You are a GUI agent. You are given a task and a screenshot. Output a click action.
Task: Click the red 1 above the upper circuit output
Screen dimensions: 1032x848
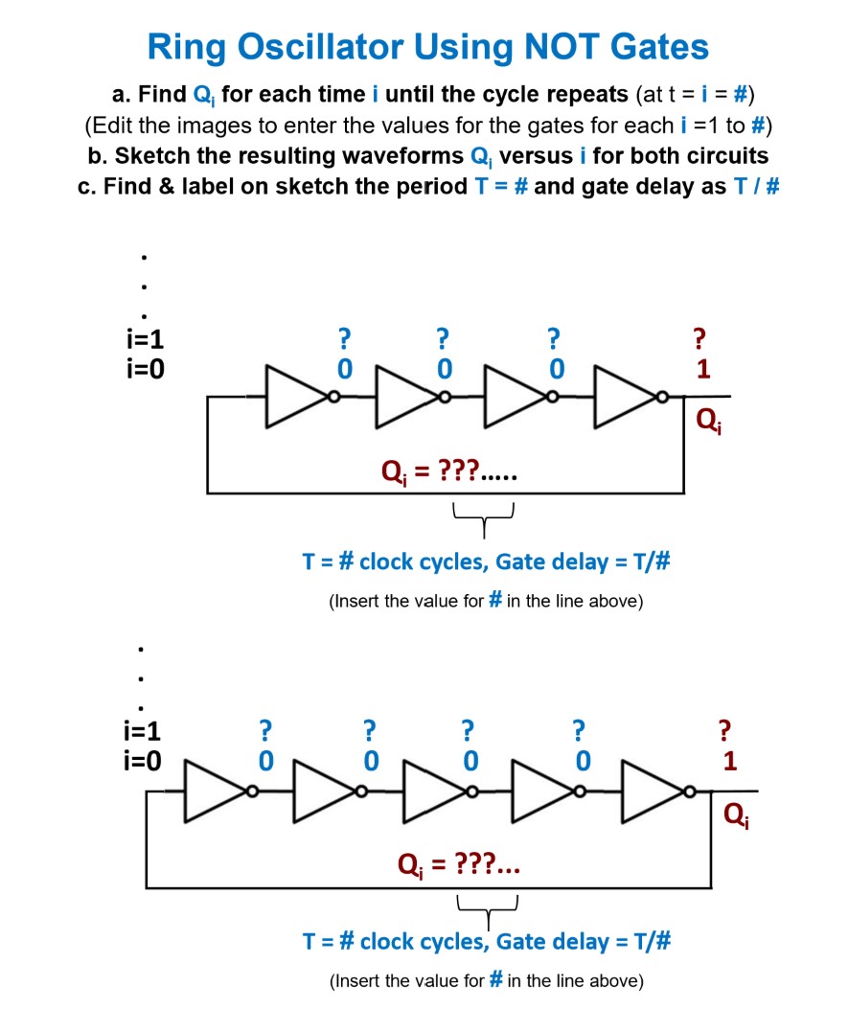coord(703,370)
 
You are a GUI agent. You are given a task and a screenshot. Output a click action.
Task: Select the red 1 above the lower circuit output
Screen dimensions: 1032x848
coord(730,764)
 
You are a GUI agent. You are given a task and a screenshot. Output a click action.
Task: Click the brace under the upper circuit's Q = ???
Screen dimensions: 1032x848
coord(484,518)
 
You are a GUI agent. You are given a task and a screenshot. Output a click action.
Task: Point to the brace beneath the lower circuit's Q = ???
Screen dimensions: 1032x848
coord(488,906)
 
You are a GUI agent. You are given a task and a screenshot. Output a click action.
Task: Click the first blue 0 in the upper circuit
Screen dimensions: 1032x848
coord(344,369)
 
